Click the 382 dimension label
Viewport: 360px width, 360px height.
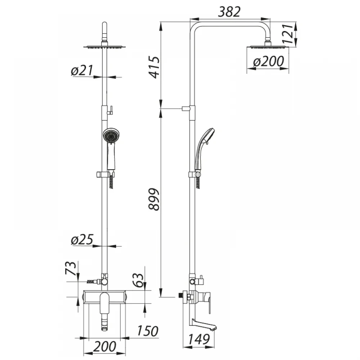[x=229, y=12]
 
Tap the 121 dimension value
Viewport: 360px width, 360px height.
[x=288, y=33]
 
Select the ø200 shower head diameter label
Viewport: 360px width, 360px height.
[x=269, y=62]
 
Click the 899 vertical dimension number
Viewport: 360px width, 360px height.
[x=154, y=199]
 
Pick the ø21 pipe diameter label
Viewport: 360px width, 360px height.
[x=82, y=70]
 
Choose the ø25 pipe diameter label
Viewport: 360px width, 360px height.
[x=82, y=240]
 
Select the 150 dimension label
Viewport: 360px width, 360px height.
[x=147, y=331]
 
